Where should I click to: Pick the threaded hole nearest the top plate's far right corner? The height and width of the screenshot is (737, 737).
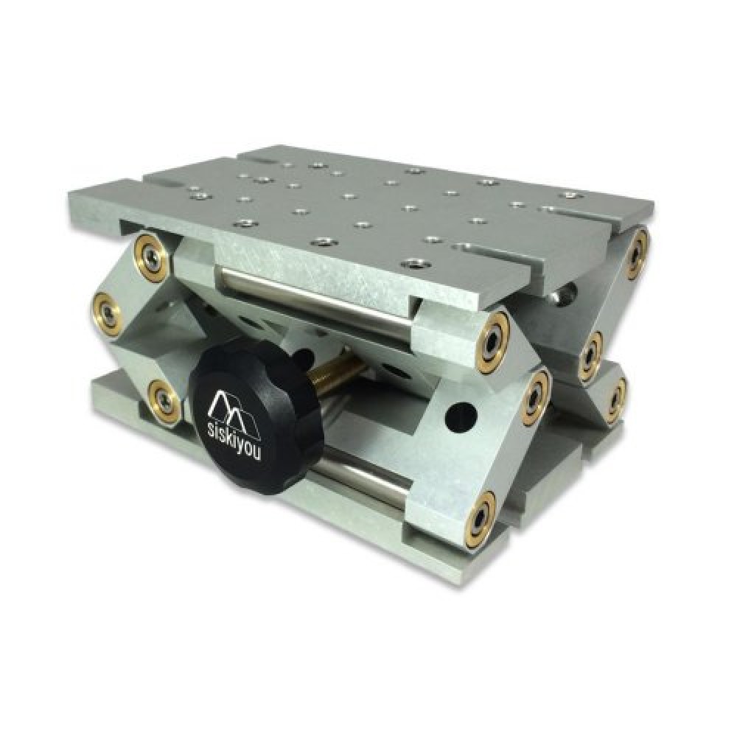pos(568,195)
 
